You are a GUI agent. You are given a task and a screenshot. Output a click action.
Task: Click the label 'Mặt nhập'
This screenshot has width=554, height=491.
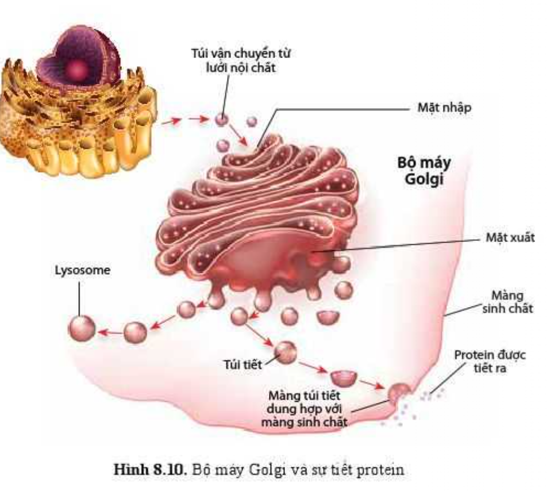point(444,108)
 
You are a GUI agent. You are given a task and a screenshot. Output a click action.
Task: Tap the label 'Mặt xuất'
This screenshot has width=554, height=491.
point(510,237)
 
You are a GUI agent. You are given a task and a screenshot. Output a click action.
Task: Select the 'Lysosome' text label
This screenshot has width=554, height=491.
point(82,270)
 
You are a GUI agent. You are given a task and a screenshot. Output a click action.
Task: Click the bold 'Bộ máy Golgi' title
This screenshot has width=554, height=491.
point(424,170)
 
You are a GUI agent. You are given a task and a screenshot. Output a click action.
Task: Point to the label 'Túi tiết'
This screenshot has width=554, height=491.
point(243,364)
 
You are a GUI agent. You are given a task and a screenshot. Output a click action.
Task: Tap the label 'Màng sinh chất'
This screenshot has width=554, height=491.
point(507,301)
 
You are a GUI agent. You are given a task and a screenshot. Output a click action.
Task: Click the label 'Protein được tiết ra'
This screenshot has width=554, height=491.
point(490,361)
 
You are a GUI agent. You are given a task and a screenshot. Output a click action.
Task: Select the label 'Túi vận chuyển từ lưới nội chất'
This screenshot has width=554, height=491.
point(241,60)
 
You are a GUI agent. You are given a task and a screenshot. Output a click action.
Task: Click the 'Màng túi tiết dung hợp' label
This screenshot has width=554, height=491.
point(304,408)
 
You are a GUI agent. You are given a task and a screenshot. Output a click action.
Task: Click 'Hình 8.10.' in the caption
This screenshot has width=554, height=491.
point(150,469)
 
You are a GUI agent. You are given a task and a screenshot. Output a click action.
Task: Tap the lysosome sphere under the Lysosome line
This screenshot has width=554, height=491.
point(82,328)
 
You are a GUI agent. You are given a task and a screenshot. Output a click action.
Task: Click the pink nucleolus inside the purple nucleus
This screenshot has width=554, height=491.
point(76,70)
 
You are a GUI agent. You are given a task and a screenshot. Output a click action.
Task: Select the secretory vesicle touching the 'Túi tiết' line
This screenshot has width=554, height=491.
point(286,352)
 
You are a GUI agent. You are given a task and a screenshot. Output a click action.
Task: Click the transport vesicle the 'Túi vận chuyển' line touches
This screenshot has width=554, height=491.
point(221,120)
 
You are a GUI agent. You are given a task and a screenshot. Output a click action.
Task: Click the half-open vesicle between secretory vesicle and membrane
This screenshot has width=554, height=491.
point(344,378)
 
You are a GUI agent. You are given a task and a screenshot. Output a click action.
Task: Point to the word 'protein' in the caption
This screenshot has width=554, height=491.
point(380,470)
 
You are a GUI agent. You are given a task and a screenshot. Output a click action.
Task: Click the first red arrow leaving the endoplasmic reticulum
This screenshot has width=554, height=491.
point(171,122)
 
